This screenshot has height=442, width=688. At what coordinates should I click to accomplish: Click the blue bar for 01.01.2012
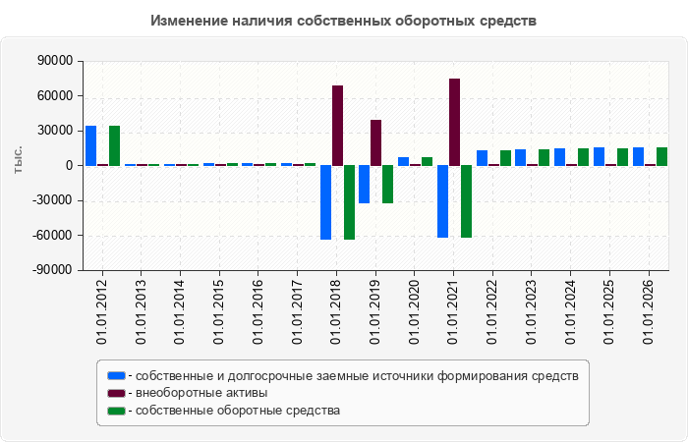90,145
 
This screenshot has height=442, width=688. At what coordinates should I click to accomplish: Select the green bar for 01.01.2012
115,145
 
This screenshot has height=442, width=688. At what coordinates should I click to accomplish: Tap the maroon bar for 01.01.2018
337,126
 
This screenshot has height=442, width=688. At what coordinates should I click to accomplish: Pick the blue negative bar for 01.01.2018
325,202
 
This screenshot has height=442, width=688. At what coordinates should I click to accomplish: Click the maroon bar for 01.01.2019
376,142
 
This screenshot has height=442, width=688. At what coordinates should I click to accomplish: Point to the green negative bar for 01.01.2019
388,185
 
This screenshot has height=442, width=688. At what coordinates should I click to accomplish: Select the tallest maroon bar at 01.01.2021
454,122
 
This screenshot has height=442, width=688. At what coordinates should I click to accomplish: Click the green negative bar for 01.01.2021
467,201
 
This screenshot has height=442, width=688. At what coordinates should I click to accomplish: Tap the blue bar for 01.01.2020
404,161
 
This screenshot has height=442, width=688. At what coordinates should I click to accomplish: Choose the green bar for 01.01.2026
661,156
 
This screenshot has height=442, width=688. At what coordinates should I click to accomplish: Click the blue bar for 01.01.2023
520,157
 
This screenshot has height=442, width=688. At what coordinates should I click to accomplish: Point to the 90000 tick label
54,61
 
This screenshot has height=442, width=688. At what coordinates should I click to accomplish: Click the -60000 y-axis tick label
52,235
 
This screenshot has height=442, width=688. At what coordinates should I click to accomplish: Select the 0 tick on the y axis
69,166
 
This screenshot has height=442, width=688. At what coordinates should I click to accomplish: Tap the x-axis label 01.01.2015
218,311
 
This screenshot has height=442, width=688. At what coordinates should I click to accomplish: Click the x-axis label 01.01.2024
570,311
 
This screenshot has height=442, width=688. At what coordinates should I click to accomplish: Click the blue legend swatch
116,376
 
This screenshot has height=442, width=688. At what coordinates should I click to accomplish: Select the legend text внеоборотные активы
201,393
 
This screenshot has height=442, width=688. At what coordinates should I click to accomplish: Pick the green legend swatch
116,411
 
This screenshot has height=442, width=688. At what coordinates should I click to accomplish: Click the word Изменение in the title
189,21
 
